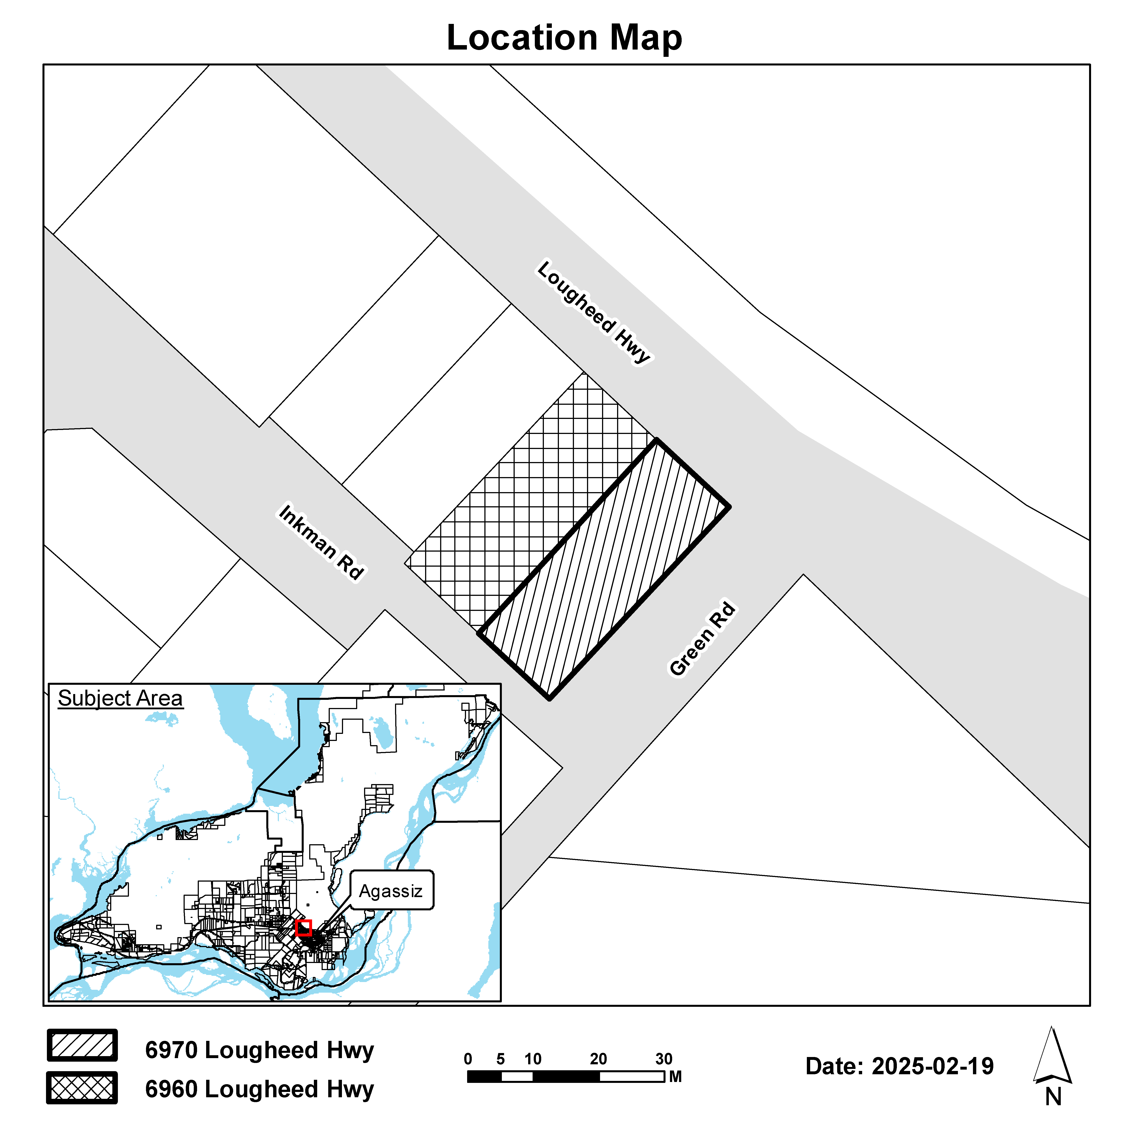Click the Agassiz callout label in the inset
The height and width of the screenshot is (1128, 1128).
tap(391, 891)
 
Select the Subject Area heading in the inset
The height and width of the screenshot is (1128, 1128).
tap(120, 698)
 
